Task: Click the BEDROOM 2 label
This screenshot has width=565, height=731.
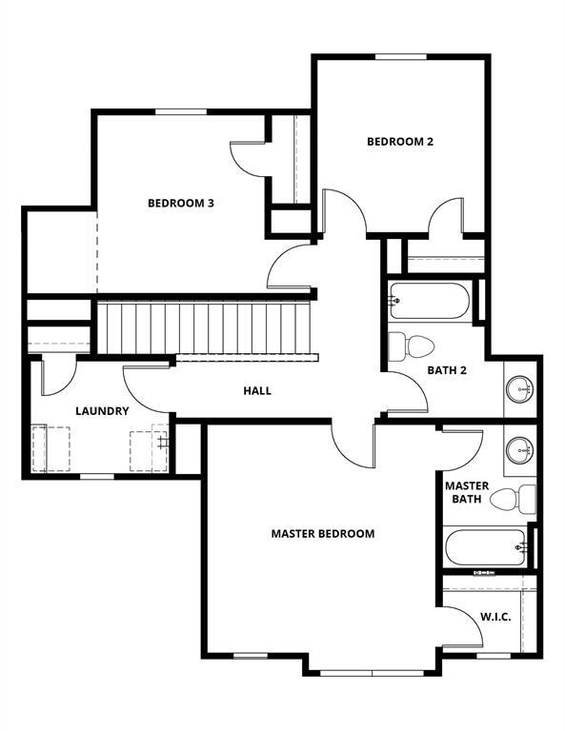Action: (x=400, y=142)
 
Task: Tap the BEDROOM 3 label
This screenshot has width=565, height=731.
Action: (x=180, y=203)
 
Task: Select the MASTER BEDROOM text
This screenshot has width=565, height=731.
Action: (x=322, y=534)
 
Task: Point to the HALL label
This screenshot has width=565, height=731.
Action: (x=257, y=390)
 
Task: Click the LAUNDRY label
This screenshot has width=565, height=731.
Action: (x=102, y=411)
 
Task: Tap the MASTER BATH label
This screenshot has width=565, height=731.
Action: (x=467, y=492)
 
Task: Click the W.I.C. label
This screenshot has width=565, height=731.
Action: (x=495, y=617)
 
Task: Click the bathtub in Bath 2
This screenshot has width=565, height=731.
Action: (x=429, y=302)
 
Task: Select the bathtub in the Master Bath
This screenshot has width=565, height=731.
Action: (x=486, y=548)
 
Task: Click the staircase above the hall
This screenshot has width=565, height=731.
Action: (x=207, y=326)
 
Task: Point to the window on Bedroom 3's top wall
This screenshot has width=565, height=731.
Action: (x=181, y=111)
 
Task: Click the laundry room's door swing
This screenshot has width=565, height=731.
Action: (x=57, y=376)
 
